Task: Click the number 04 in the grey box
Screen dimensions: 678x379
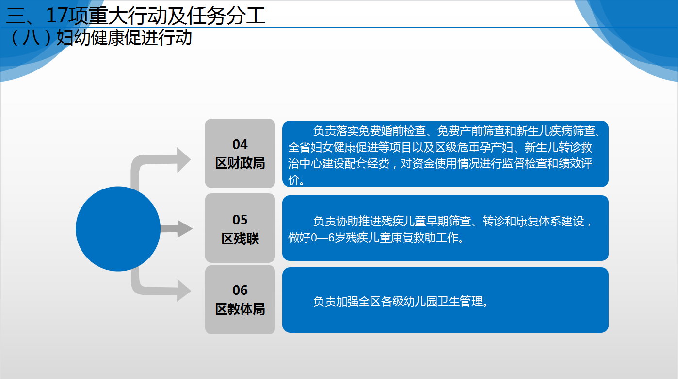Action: click(x=240, y=144)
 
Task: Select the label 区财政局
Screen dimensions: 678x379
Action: click(x=240, y=163)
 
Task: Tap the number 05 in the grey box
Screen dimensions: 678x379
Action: click(x=240, y=220)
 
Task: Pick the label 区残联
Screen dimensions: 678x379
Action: click(x=240, y=239)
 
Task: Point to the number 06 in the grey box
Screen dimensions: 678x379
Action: click(x=240, y=290)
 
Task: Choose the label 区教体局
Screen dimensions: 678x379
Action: click(x=240, y=309)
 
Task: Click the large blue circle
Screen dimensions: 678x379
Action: click(x=118, y=228)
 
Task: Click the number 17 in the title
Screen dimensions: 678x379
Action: click(x=58, y=16)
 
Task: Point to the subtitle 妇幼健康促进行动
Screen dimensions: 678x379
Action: click(x=125, y=38)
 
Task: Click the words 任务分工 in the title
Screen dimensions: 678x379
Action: click(x=226, y=16)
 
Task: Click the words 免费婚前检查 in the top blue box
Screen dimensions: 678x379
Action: click(x=392, y=131)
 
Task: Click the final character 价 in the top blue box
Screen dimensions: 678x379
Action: click(x=293, y=180)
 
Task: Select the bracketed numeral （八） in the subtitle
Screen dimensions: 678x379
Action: click(x=30, y=38)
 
